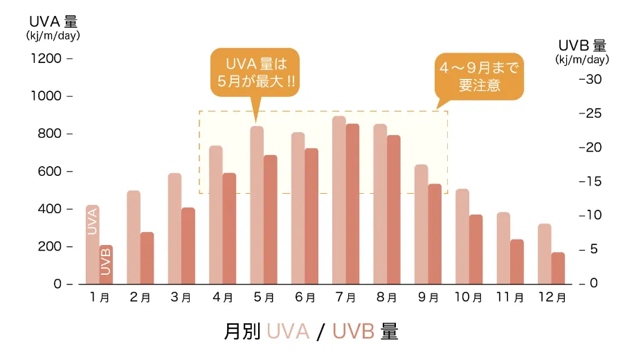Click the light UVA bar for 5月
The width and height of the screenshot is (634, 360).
click(257, 205)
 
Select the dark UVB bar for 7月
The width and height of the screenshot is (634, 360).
click(353, 204)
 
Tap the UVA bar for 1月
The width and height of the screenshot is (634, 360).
click(92, 244)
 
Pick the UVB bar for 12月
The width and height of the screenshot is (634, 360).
click(558, 268)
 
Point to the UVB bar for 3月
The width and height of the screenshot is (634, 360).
click(188, 246)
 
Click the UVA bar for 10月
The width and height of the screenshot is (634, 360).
click(462, 236)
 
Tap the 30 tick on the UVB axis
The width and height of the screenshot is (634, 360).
click(595, 80)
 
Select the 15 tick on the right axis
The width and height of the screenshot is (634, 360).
click(595, 181)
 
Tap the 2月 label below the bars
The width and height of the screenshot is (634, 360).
click(141, 298)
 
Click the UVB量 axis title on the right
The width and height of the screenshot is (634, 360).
click(582, 46)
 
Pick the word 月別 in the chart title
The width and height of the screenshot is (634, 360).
click(242, 332)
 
